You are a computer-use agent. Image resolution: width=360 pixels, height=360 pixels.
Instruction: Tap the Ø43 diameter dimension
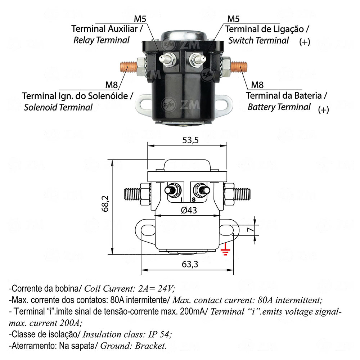187,210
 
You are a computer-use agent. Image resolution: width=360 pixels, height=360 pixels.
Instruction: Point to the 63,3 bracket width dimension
190,265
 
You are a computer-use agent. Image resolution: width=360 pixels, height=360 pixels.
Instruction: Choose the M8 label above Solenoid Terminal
112,85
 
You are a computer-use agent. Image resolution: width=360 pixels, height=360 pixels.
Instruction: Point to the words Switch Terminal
258,40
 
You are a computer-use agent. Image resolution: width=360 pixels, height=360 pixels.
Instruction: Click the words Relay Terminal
101,40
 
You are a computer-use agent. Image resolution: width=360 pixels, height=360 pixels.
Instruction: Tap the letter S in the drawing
193,199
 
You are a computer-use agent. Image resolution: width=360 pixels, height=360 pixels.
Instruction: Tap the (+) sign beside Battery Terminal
323,110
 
